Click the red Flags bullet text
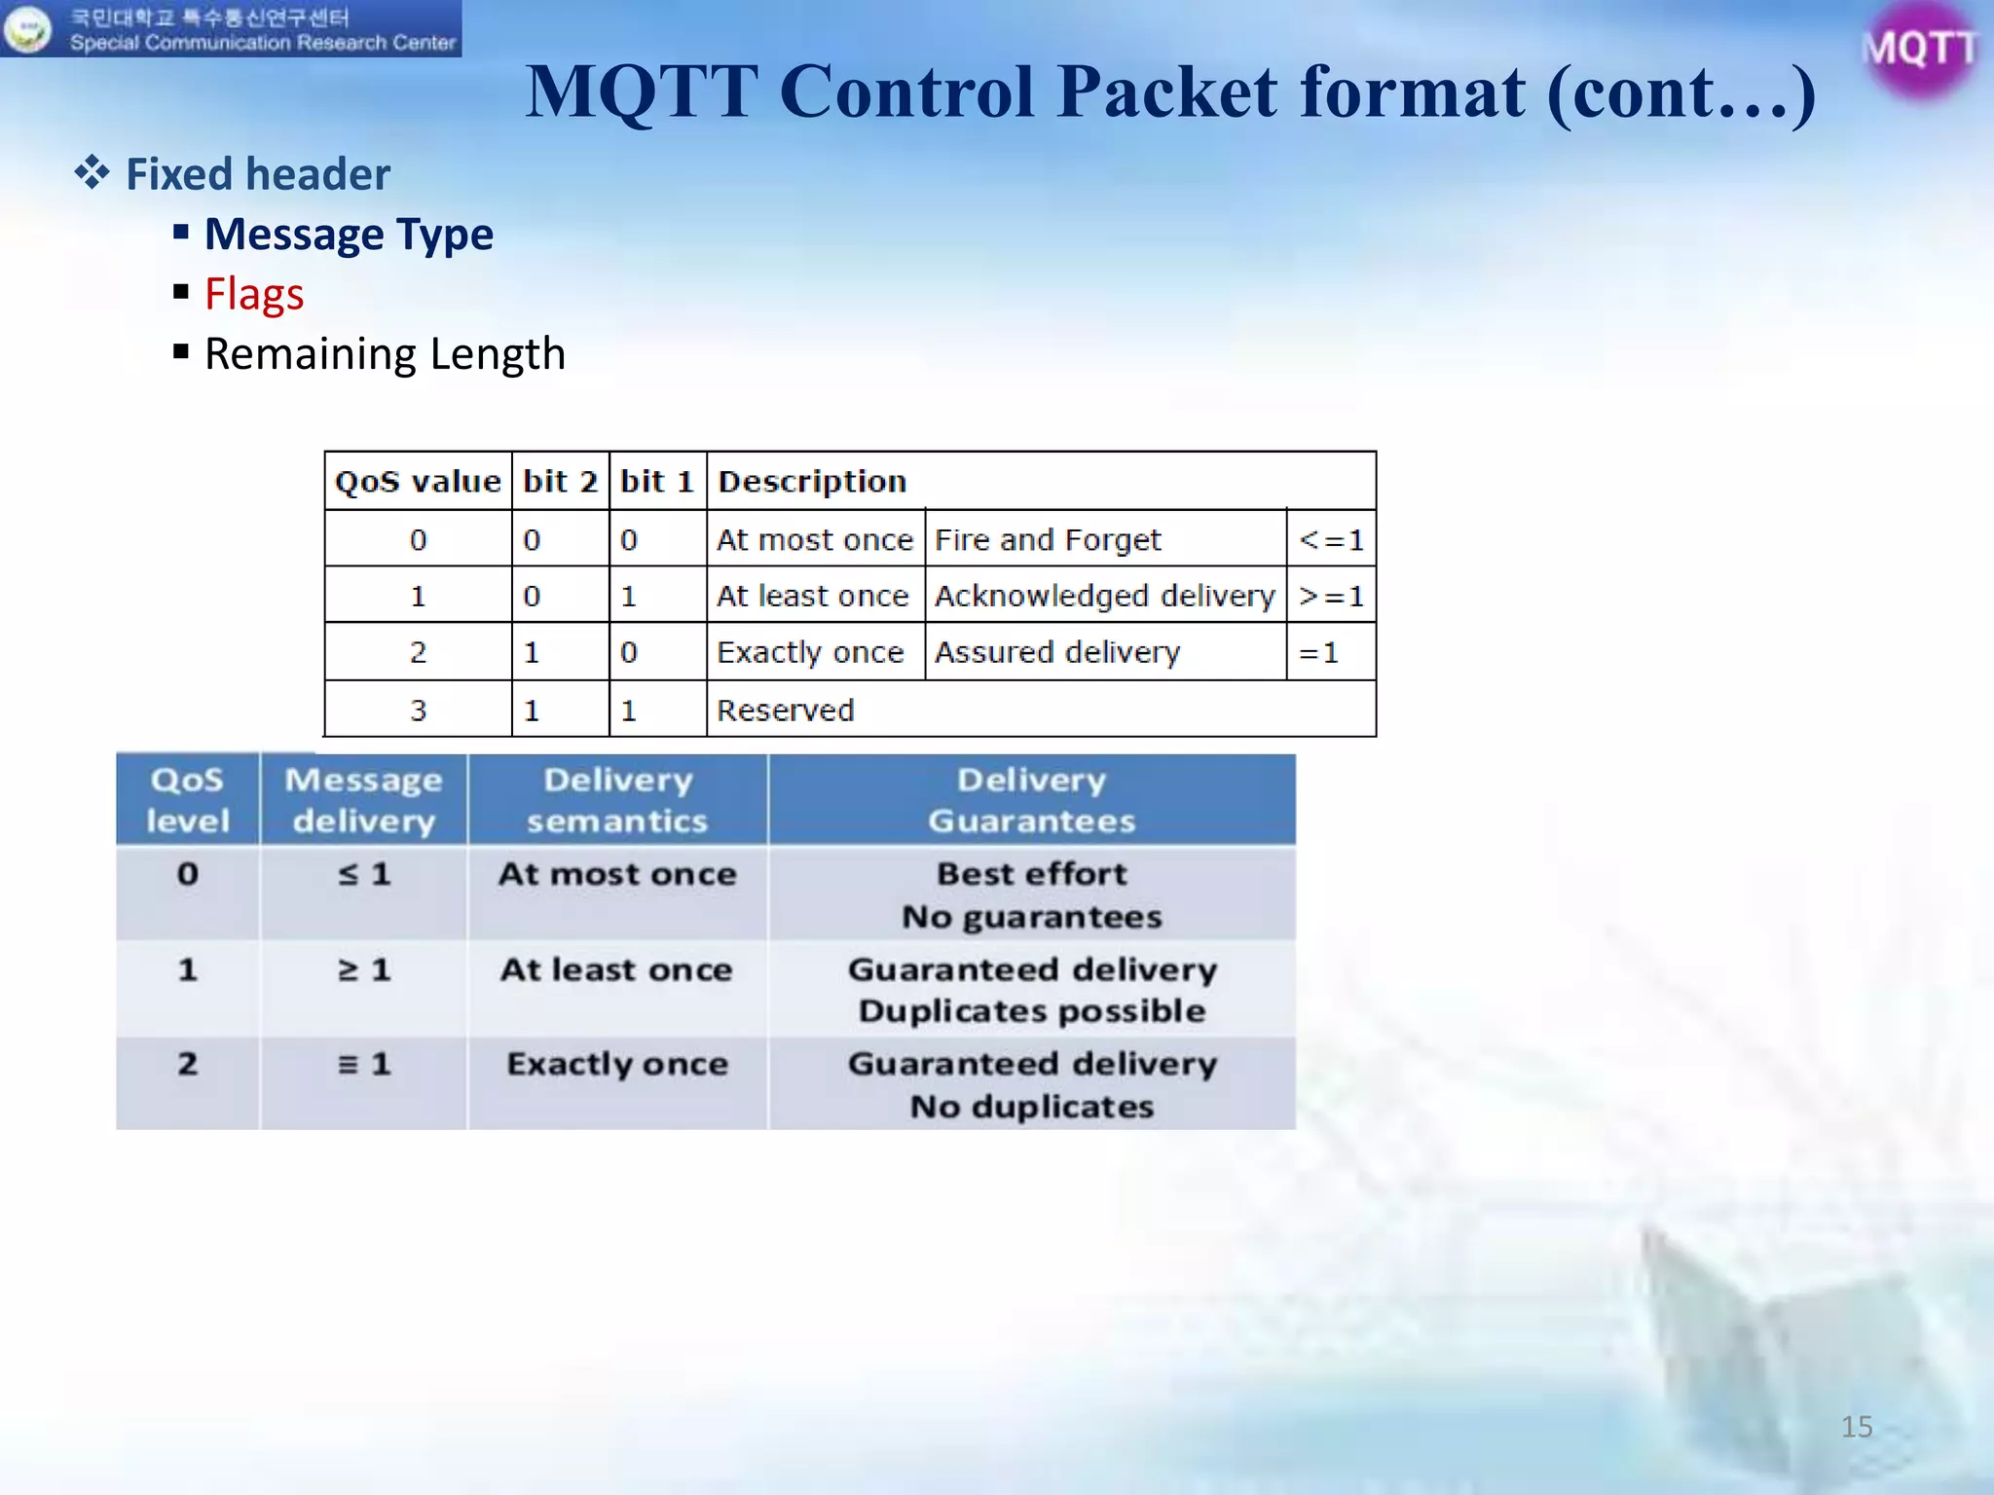click(x=254, y=294)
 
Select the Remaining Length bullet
click(x=385, y=354)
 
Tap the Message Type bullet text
click(x=349, y=235)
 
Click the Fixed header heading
click(x=258, y=174)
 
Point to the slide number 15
click(x=1856, y=1427)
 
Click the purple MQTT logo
click(x=1919, y=49)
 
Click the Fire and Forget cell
click(x=1048, y=539)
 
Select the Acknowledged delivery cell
click(x=1104, y=596)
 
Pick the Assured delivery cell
click(x=1057, y=652)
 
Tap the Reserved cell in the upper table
click(x=786, y=711)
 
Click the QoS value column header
click(x=418, y=482)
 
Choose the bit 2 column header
click(x=560, y=482)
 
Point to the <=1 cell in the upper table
click(x=1331, y=539)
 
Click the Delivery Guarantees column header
click(x=1032, y=800)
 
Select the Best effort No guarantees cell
click(x=1032, y=894)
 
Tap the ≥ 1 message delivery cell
click(x=364, y=970)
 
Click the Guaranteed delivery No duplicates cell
click(x=1032, y=1084)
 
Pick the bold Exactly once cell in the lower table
click(x=617, y=1064)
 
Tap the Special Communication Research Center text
click(x=263, y=43)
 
